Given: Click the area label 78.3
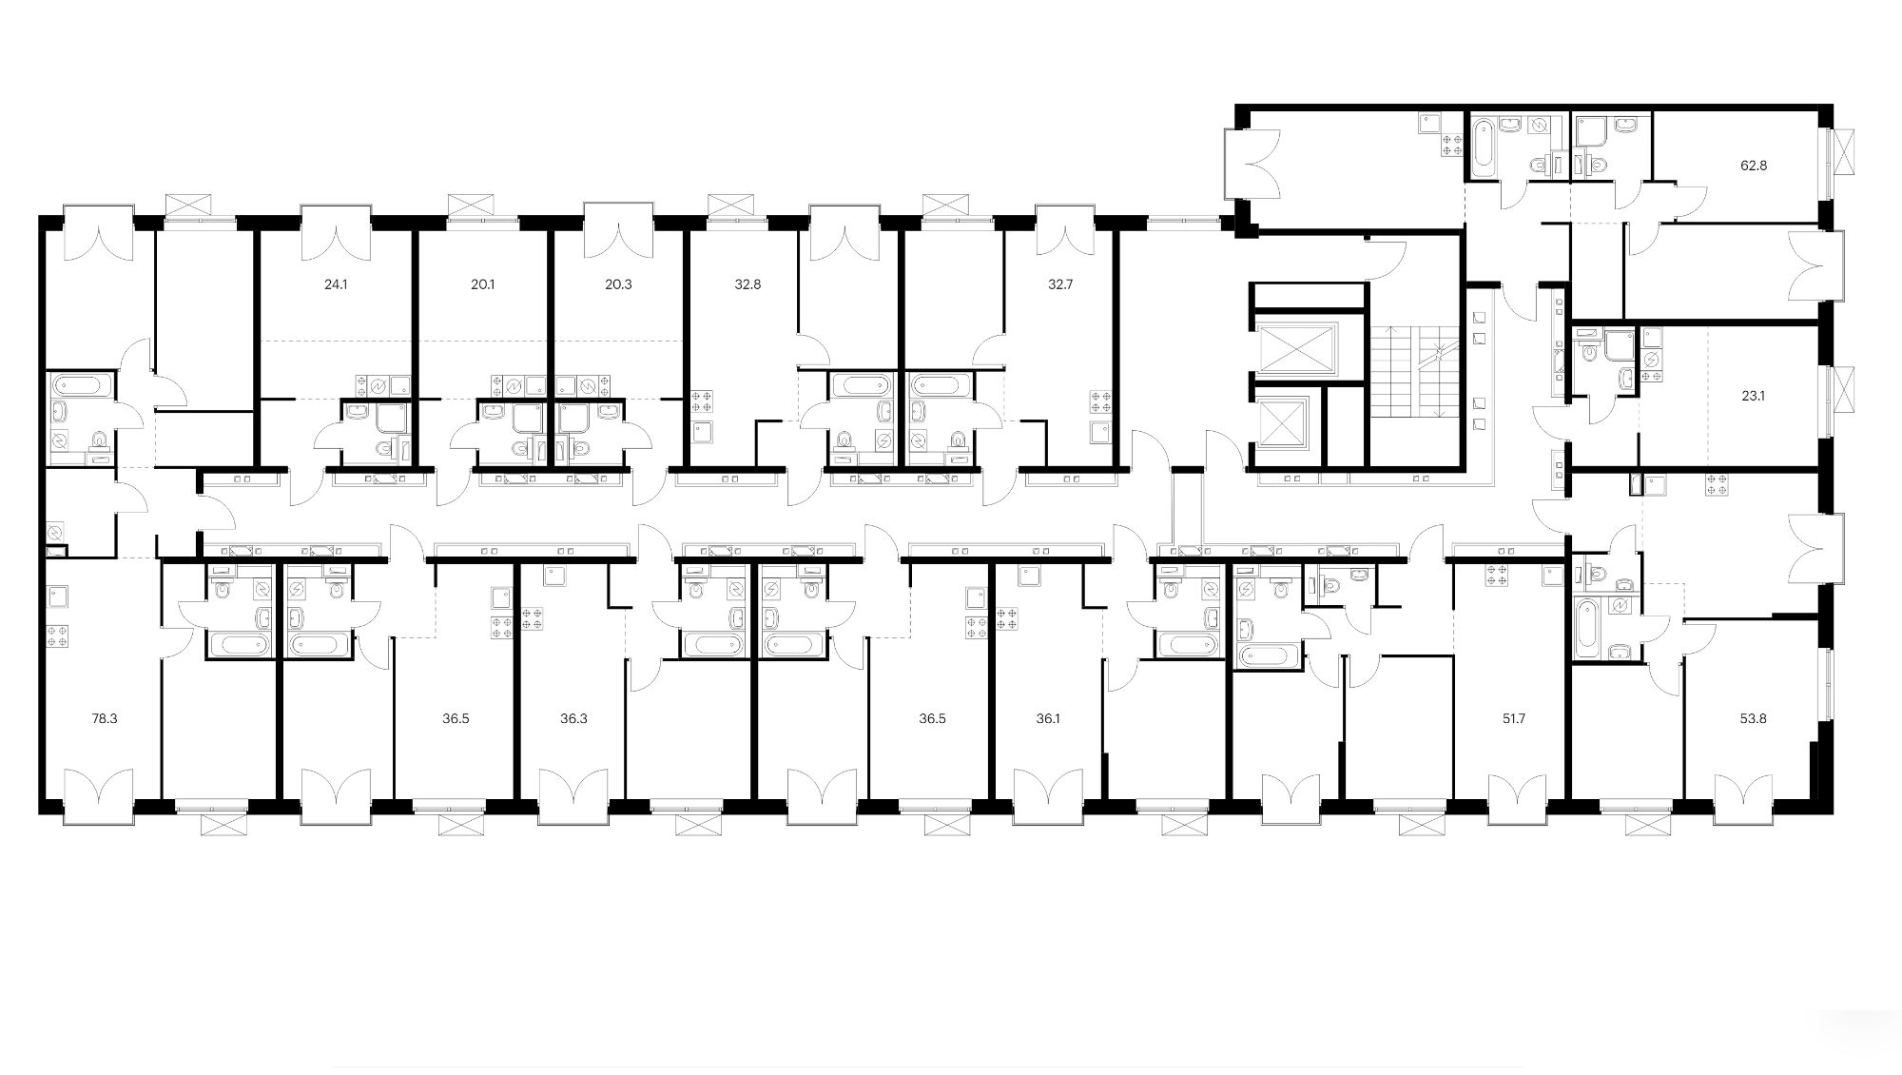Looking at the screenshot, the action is [105, 719].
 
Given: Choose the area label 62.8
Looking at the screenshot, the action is [1754, 165].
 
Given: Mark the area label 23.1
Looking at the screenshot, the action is [1753, 397].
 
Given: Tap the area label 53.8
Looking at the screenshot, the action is [1753, 719].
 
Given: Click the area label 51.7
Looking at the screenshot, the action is [1514, 719].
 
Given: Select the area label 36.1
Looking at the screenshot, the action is [1047, 719].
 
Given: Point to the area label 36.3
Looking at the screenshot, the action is [573, 719].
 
